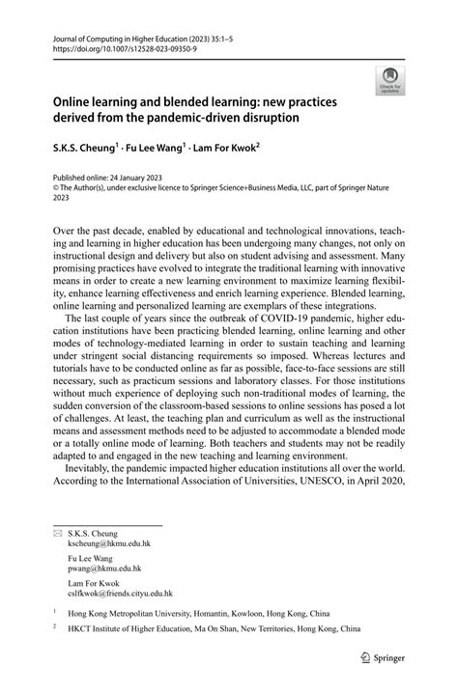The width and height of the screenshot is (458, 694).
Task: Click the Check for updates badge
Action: click(x=390, y=80)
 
